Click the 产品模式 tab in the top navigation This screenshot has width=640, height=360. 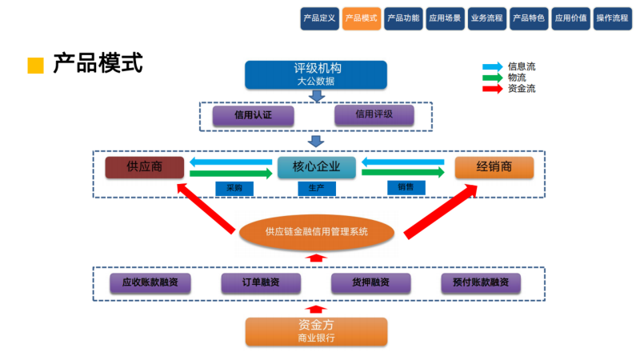[x=362, y=18]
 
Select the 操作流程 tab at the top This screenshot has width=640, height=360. [x=614, y=18]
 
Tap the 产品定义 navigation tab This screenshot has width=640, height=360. [x=320, y=18]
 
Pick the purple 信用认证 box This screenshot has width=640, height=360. [x=253, y=115]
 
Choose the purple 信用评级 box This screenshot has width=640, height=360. [x=374, y=114]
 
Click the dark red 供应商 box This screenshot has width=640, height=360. [x=145, y=167]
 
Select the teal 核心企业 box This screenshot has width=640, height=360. [x=316, y=167]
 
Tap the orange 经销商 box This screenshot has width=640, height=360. [x=494, y=167]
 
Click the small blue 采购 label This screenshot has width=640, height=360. [x=234, y=189]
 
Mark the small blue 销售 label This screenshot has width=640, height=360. [x=406, y=187]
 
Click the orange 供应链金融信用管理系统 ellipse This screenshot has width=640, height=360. [x=317, y=232]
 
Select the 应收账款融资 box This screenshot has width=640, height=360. [x=150, y=282]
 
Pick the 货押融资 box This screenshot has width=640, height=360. [x=370, y=282]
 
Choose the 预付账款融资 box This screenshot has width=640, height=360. [x=481, y=282]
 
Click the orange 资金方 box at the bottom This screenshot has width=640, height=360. [x=315, y=331]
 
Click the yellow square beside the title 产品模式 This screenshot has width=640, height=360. [x=35, y=66]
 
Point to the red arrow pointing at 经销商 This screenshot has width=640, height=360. [x=440, y=211]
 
